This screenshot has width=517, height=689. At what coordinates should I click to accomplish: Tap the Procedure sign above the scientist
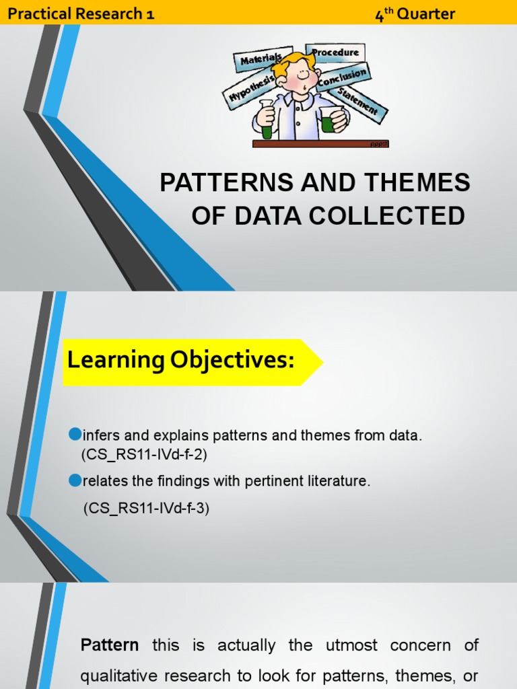tap(335, 52)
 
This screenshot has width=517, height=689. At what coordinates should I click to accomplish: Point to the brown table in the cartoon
tap(320, 143)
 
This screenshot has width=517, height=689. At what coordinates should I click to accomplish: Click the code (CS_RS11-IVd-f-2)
tap(144, 454)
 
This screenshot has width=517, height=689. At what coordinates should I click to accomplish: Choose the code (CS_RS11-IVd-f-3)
tap(147, 509)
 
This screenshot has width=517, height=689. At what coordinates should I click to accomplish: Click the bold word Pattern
tap(110, 645)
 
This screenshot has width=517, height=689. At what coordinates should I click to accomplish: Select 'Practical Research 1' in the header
tap(81, 13)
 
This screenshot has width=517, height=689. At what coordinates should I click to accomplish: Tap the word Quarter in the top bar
tap(425, 13)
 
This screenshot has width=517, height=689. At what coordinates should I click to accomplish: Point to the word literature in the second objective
tap(337, 482)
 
